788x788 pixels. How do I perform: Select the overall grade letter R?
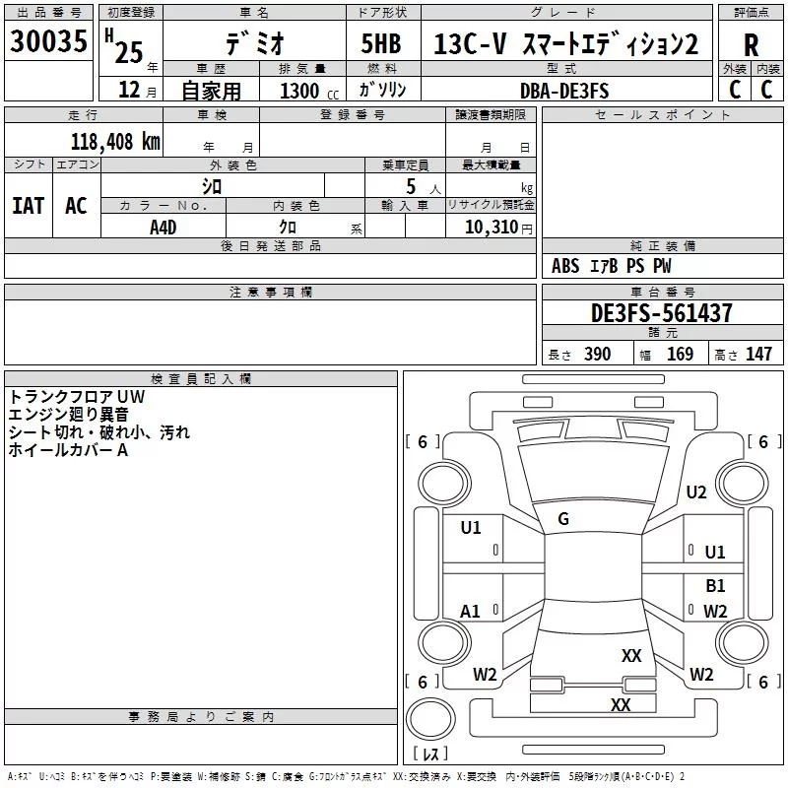pos(751,45)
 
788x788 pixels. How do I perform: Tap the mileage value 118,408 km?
pos(115,141)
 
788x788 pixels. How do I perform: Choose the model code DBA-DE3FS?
pos(563,91)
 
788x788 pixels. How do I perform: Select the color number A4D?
pos(164,227)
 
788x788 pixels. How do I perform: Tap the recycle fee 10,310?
pos(489,227)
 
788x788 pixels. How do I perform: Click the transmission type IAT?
pos(28,206)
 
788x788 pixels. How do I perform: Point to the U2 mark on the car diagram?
pos(696,492)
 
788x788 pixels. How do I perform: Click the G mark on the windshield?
pos(563,519)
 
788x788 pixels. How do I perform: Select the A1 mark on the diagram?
pos(471,612)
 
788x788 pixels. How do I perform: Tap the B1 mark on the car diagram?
pos(715,585)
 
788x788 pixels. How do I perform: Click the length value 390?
pos(597,355)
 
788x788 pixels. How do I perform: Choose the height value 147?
pos(757,355)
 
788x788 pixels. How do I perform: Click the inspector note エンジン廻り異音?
pos(67,415)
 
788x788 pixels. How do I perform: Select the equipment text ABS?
pos(565,266)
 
